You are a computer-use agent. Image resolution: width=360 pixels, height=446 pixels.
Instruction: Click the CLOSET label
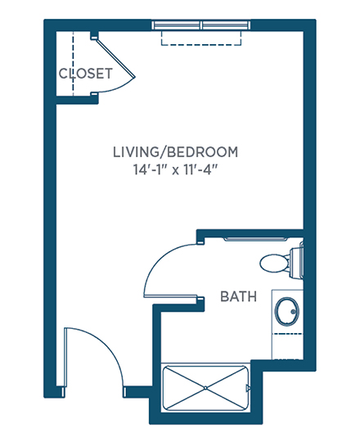click(86, 74)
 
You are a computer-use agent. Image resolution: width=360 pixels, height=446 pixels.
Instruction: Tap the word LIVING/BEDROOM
click(175, 152)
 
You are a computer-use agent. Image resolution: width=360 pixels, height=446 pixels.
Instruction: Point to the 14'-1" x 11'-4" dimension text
click(175, 170)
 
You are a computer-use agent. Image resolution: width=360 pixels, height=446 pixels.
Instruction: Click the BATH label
click(238, 296)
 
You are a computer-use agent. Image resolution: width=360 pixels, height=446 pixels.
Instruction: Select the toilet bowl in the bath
click(274, 264)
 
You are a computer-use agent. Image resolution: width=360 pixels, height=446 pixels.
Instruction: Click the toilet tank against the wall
click(296, 264)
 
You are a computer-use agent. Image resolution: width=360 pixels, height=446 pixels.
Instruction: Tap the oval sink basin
click(287, 311)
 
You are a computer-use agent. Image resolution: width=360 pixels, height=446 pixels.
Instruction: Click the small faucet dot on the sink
click(294, 312)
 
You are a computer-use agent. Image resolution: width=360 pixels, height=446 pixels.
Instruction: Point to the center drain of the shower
click(205, 387)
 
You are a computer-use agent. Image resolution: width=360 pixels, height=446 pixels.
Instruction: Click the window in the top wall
click(201, 25)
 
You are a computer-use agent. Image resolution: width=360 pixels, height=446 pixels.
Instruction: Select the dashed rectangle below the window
click(201, 38)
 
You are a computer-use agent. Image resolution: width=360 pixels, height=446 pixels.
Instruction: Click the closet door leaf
click(115, 58)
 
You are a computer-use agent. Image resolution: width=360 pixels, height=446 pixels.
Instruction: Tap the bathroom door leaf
click(170, 296)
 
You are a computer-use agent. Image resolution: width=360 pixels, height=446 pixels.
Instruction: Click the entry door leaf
click(65, 358)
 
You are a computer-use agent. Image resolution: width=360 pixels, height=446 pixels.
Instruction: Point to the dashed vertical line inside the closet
click(73, 64)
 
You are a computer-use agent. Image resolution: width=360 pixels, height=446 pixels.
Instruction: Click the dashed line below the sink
click(287, 334)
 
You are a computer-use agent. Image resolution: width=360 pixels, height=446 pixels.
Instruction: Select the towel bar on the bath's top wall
click(254, 240)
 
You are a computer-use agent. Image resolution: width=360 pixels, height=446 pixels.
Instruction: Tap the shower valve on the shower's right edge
click(248, 387)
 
